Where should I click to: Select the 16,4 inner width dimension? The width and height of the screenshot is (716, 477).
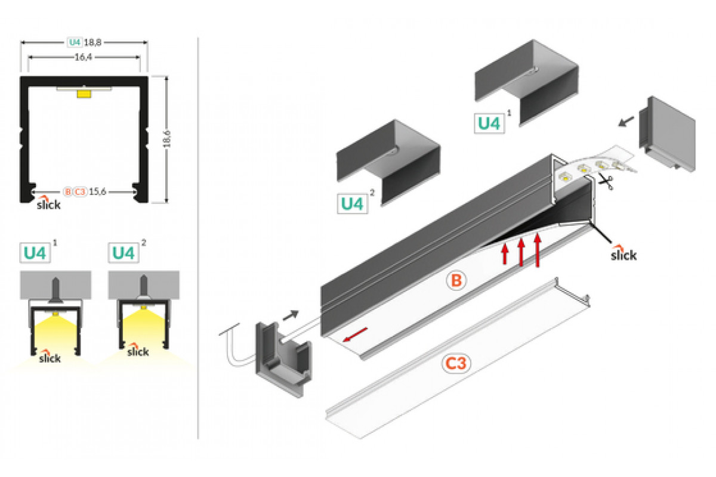(84, 57)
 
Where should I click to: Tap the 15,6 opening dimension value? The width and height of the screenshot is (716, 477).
(99, 191)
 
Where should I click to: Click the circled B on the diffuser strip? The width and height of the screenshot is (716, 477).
(455, 280)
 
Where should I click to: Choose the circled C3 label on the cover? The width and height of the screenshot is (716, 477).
(456, 364)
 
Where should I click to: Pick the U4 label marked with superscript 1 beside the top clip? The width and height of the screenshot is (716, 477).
(489, 123)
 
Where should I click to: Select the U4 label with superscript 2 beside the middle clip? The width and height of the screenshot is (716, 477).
(352, 204)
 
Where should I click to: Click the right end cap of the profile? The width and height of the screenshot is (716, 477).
(666, 134)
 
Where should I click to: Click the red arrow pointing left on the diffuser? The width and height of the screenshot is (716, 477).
(355, 337)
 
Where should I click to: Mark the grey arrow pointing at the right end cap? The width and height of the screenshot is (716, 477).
(626, 122)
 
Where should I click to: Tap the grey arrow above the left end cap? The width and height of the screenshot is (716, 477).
(291, 314)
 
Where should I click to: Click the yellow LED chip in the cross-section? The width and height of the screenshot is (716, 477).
(84, 93)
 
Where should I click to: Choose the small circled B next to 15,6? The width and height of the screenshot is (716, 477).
(67, 191)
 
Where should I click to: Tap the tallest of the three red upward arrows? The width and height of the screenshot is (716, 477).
(538, 249)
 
